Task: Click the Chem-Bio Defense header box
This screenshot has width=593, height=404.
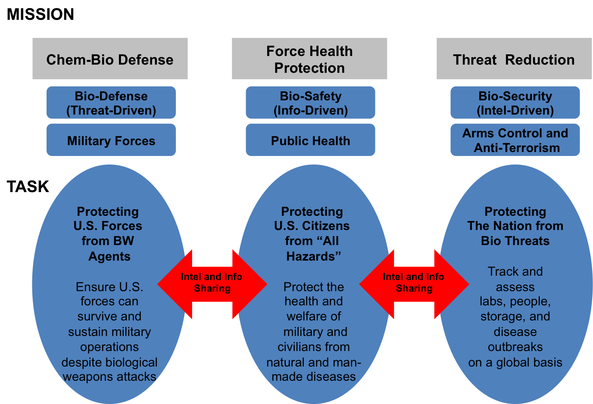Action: click(110, 59)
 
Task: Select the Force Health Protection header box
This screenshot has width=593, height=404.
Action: click(309, 59)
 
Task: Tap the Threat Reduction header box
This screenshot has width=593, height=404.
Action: click(514, 59)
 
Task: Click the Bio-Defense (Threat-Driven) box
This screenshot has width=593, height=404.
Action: click(111, 103)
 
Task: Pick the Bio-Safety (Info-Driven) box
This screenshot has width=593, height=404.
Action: click(310, 103)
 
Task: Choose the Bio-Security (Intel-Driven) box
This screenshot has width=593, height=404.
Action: click(515, 103)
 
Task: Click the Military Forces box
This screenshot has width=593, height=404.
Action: click(111, 140)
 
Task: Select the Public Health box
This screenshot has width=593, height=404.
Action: click(310, 140)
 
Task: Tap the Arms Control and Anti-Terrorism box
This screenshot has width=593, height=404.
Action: click(515, 140)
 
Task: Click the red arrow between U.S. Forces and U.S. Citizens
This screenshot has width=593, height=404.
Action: click(212, 284)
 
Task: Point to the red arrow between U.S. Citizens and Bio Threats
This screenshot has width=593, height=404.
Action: click(414, 284)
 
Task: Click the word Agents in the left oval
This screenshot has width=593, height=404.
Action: click(109, 256)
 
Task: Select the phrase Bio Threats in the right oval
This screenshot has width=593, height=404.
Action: click(515, 241)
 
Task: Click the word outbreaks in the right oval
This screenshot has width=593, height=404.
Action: click(515, 347)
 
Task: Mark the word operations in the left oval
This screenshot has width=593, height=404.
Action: click(109, 347)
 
